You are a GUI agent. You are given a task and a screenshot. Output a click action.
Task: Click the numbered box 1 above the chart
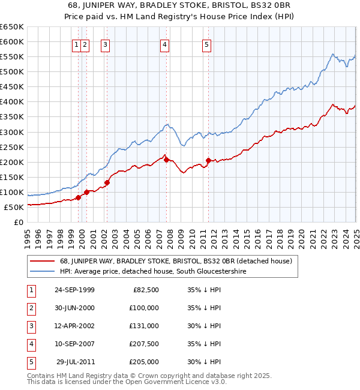77,44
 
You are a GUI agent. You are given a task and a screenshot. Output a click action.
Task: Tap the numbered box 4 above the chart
164,44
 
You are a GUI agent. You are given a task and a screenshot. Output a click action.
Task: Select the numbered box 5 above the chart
206,44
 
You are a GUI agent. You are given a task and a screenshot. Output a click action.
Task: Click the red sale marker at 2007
166,160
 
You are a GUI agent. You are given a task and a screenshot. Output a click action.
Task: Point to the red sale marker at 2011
208,160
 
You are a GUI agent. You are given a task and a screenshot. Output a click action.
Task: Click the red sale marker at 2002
107,182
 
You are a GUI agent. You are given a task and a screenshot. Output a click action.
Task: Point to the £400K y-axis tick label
11,101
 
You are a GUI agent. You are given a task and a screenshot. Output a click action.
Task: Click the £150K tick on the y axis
11,177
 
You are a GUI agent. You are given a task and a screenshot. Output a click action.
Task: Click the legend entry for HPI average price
152,271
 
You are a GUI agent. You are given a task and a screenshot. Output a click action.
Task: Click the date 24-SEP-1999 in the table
74,290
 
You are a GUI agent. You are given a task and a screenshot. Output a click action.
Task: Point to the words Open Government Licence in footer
174,382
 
